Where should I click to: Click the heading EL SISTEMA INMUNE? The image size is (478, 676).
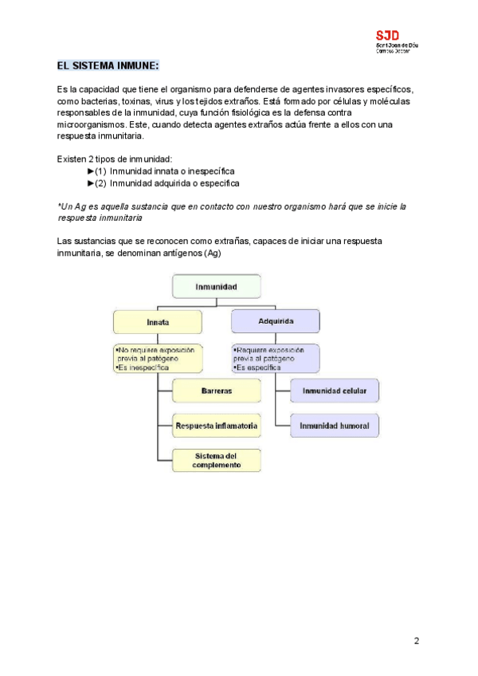(x=108, y=65)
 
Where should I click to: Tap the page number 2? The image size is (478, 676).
(x=417, y=641)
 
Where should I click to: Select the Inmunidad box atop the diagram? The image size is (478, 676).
(x=216, y=285)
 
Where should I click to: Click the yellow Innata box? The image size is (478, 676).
(x=158, y=322)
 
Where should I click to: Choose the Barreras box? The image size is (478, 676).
(x=217, y=391)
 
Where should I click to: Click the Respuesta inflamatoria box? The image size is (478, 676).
(x=217, y=426)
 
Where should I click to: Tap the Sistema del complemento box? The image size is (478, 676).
(x=217, y=460)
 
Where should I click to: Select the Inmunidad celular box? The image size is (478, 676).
(x=333, y=391)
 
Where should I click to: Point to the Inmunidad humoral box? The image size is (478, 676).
(x=333, y=426)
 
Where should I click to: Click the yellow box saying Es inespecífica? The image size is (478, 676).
(x=159, y=359)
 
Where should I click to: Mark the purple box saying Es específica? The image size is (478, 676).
(x=276, y=358)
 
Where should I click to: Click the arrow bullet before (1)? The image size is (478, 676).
(x=90, y=171)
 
